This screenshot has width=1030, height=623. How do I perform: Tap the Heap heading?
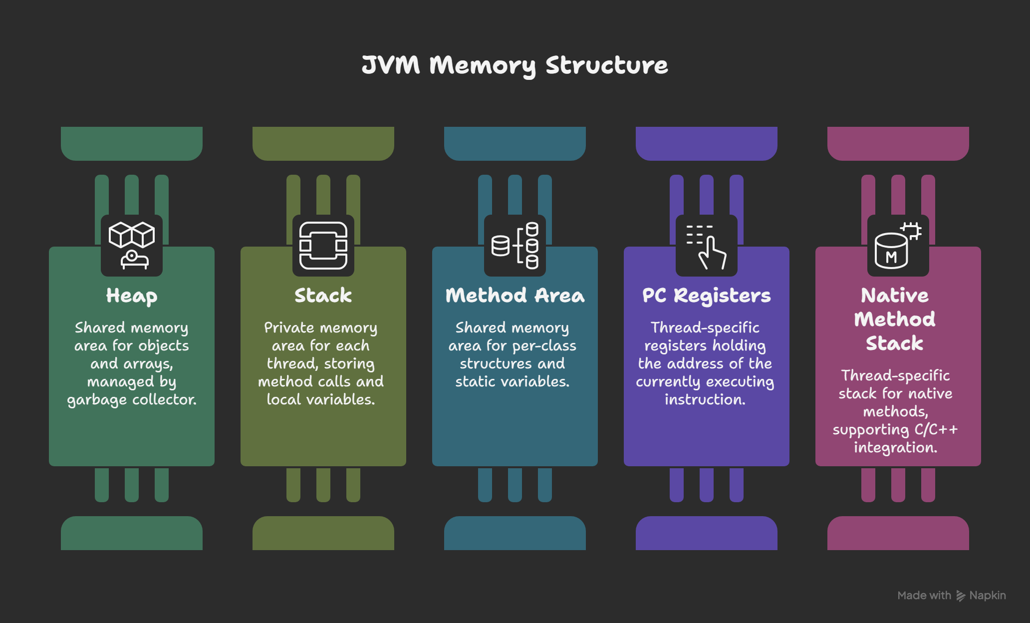(132, 296)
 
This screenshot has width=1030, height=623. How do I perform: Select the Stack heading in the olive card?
(323, 296)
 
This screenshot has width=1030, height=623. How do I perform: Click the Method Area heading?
(515, 296)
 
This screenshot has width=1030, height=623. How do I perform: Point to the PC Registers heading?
(706, 296)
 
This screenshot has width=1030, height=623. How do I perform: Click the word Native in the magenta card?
(895, 296)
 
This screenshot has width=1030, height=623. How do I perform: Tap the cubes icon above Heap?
(132, 245)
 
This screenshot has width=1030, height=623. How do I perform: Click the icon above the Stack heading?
(323, 245)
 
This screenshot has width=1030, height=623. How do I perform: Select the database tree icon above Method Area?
(515, 245)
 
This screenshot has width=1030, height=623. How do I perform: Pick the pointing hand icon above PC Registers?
(707, 245)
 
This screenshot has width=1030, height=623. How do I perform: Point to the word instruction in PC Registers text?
(705, 400)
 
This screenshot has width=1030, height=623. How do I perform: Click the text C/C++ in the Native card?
(936, 430)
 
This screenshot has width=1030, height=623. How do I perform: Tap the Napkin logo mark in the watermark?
(961, 596)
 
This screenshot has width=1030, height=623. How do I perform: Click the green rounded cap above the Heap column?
(132, 143)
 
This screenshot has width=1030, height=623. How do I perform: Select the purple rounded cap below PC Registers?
(707, 533)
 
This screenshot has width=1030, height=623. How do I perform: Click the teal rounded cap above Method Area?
(515, 143)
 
